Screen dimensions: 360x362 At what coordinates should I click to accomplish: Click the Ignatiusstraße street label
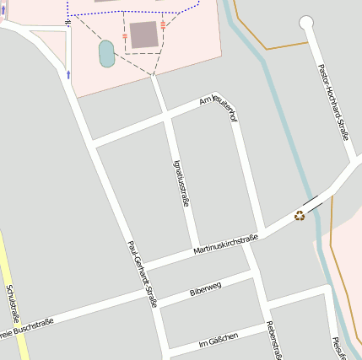click(181, 183)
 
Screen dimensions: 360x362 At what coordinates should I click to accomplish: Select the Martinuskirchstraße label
click(224, 245)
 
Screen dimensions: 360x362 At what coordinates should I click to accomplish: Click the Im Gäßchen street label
click(218, 339)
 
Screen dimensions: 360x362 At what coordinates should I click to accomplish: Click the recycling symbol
click(300, 216)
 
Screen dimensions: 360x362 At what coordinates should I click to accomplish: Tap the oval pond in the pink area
click(106, 53)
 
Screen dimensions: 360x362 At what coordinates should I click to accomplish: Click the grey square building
click(143, 35)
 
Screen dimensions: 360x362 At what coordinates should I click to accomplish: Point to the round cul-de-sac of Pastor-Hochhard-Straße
click(306, 23)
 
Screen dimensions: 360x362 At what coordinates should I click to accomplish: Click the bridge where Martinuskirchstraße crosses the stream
click(313, 203)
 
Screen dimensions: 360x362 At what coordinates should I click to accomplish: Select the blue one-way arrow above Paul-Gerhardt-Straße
click(68, 75)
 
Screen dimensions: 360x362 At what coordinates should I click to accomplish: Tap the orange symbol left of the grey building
click(125, 37)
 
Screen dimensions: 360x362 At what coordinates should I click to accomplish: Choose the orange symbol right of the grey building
click(163, 26)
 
